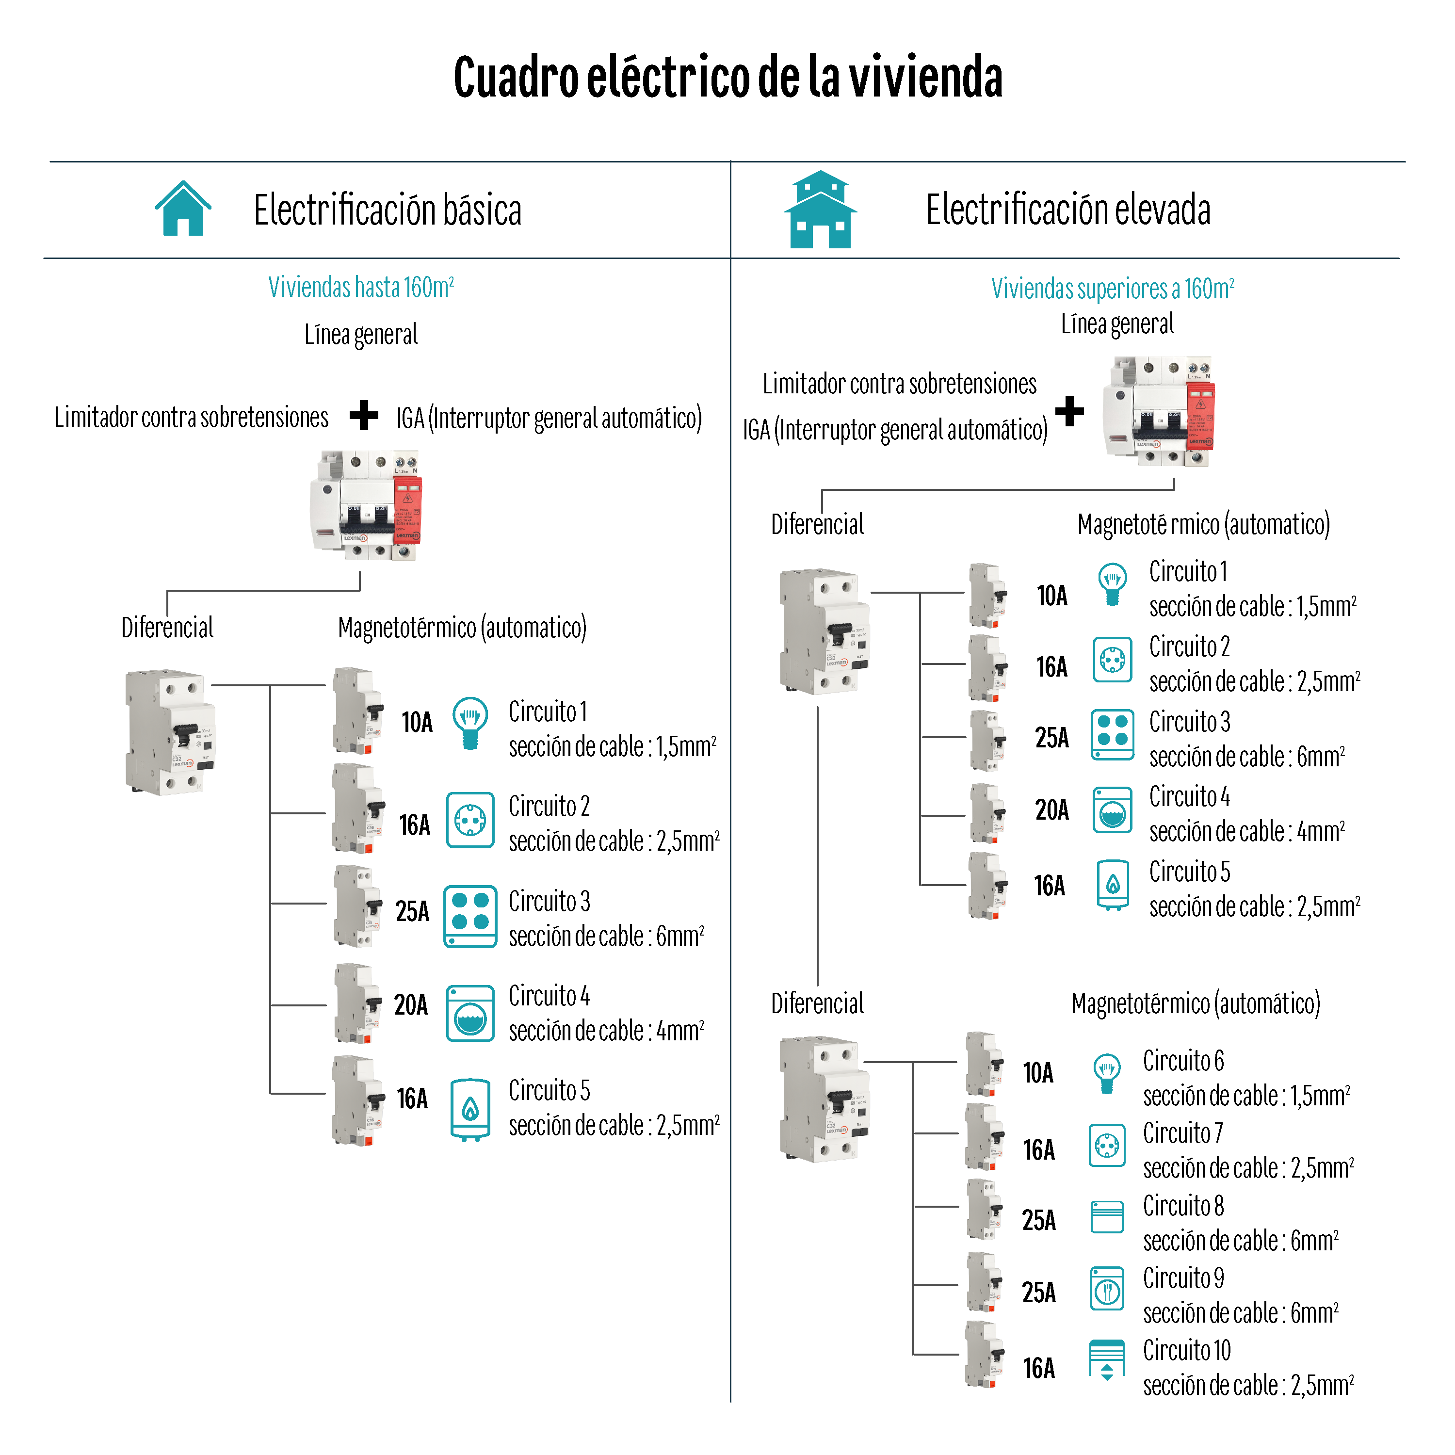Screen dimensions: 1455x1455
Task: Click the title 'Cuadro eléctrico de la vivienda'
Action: click(x=727, y=78)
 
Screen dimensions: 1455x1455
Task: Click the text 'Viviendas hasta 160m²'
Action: click(x=361, y=288)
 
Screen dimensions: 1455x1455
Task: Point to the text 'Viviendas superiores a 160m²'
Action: click(x=1112, y=289)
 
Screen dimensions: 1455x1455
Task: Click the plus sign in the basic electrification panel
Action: click(x=364, y=415)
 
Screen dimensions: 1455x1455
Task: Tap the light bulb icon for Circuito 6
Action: click(x=1106, y=1073)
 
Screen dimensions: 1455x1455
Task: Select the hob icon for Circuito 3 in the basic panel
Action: click(x=470, y=916)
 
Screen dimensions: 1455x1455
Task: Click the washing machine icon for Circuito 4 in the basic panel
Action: click(x=470, y=1013)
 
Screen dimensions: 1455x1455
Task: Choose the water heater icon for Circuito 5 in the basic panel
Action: click(x=470, y=1109)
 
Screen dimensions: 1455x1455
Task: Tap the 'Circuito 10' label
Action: click(x=1186, y=1350)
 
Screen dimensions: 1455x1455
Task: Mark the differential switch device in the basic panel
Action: click(x=170, y=730)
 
